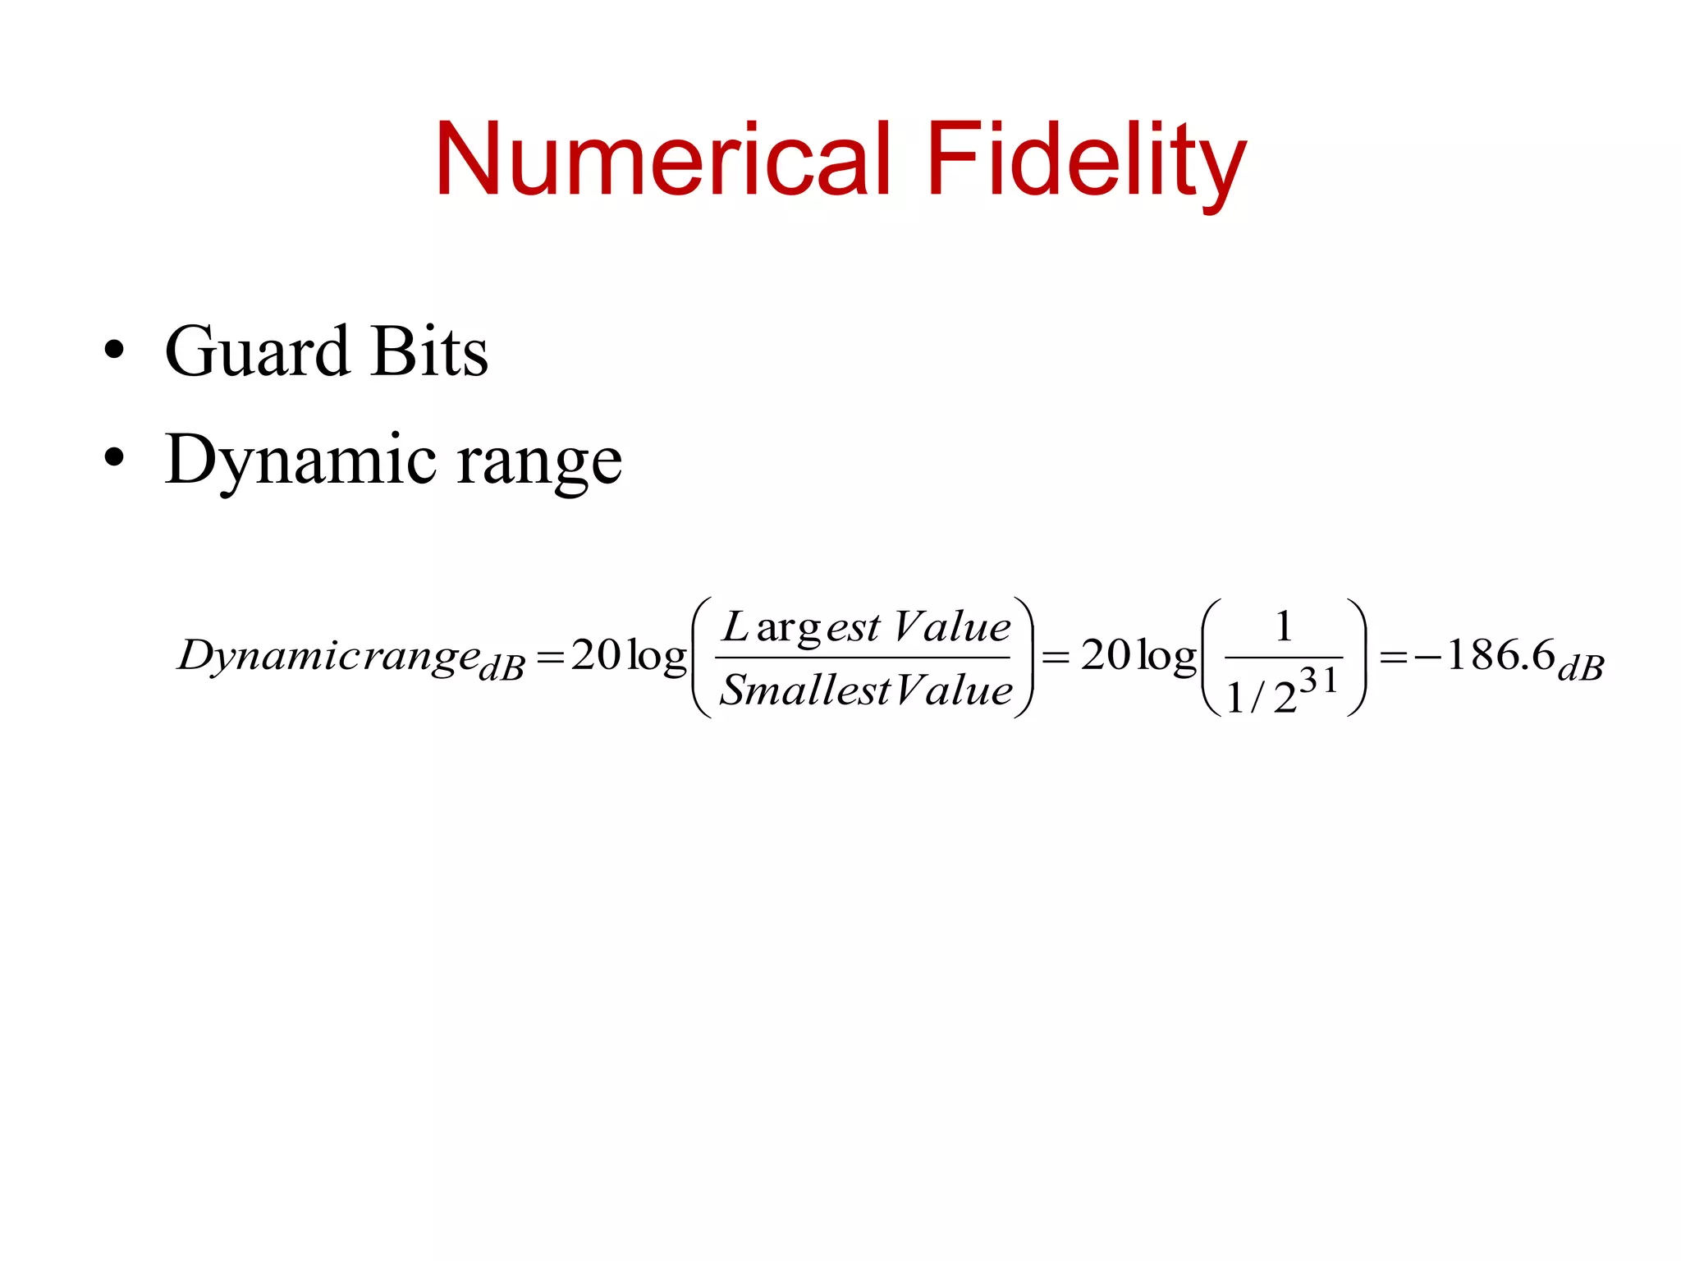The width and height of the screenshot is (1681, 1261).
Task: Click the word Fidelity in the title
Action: pyautogui.click(x=1085, y=159)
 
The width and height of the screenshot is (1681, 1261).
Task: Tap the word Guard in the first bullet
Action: pyautogui.click(x=257, y=352)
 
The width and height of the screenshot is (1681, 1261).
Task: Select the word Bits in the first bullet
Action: pyautogui.click(x=429, y=352)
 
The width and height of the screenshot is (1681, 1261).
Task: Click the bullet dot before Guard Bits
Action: pyautogui.click(x=114, y=352)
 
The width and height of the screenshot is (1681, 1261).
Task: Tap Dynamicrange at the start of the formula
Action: pyautogui.click(x=328, y=657)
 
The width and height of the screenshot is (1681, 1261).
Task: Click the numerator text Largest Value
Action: pyautogui.click(x=866, y=628)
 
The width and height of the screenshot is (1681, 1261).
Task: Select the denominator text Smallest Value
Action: pyautogui.click(x=866, y=690)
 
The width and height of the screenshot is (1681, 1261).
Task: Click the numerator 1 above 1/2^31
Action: pyautogui.click(x=1284, y=627)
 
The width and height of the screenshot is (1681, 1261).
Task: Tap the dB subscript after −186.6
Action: pyautogui.click(x=1581, y=669)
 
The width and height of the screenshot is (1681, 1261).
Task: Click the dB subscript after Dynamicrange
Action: pyautogui.click(x=502, y=669)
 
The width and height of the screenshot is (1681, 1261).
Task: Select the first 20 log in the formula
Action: pyautogui.click(x=629, y=656)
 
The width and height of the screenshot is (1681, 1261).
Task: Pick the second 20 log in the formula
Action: pyautogui.click(x=1138, y=656)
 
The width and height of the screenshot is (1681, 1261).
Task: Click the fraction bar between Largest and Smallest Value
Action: pyautogui.click(x=862, y=658)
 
